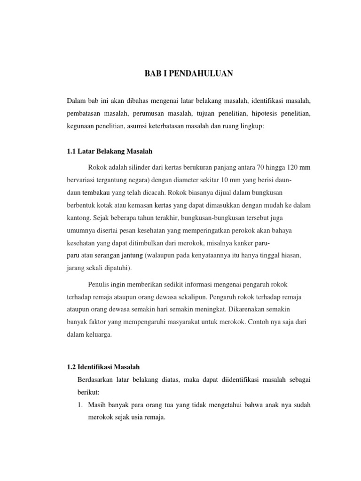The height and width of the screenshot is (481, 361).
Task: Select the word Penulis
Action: pos(99,284)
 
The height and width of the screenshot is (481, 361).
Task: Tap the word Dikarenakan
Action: pos(265,310)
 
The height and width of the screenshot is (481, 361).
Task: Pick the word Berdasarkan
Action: pos(96,379)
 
